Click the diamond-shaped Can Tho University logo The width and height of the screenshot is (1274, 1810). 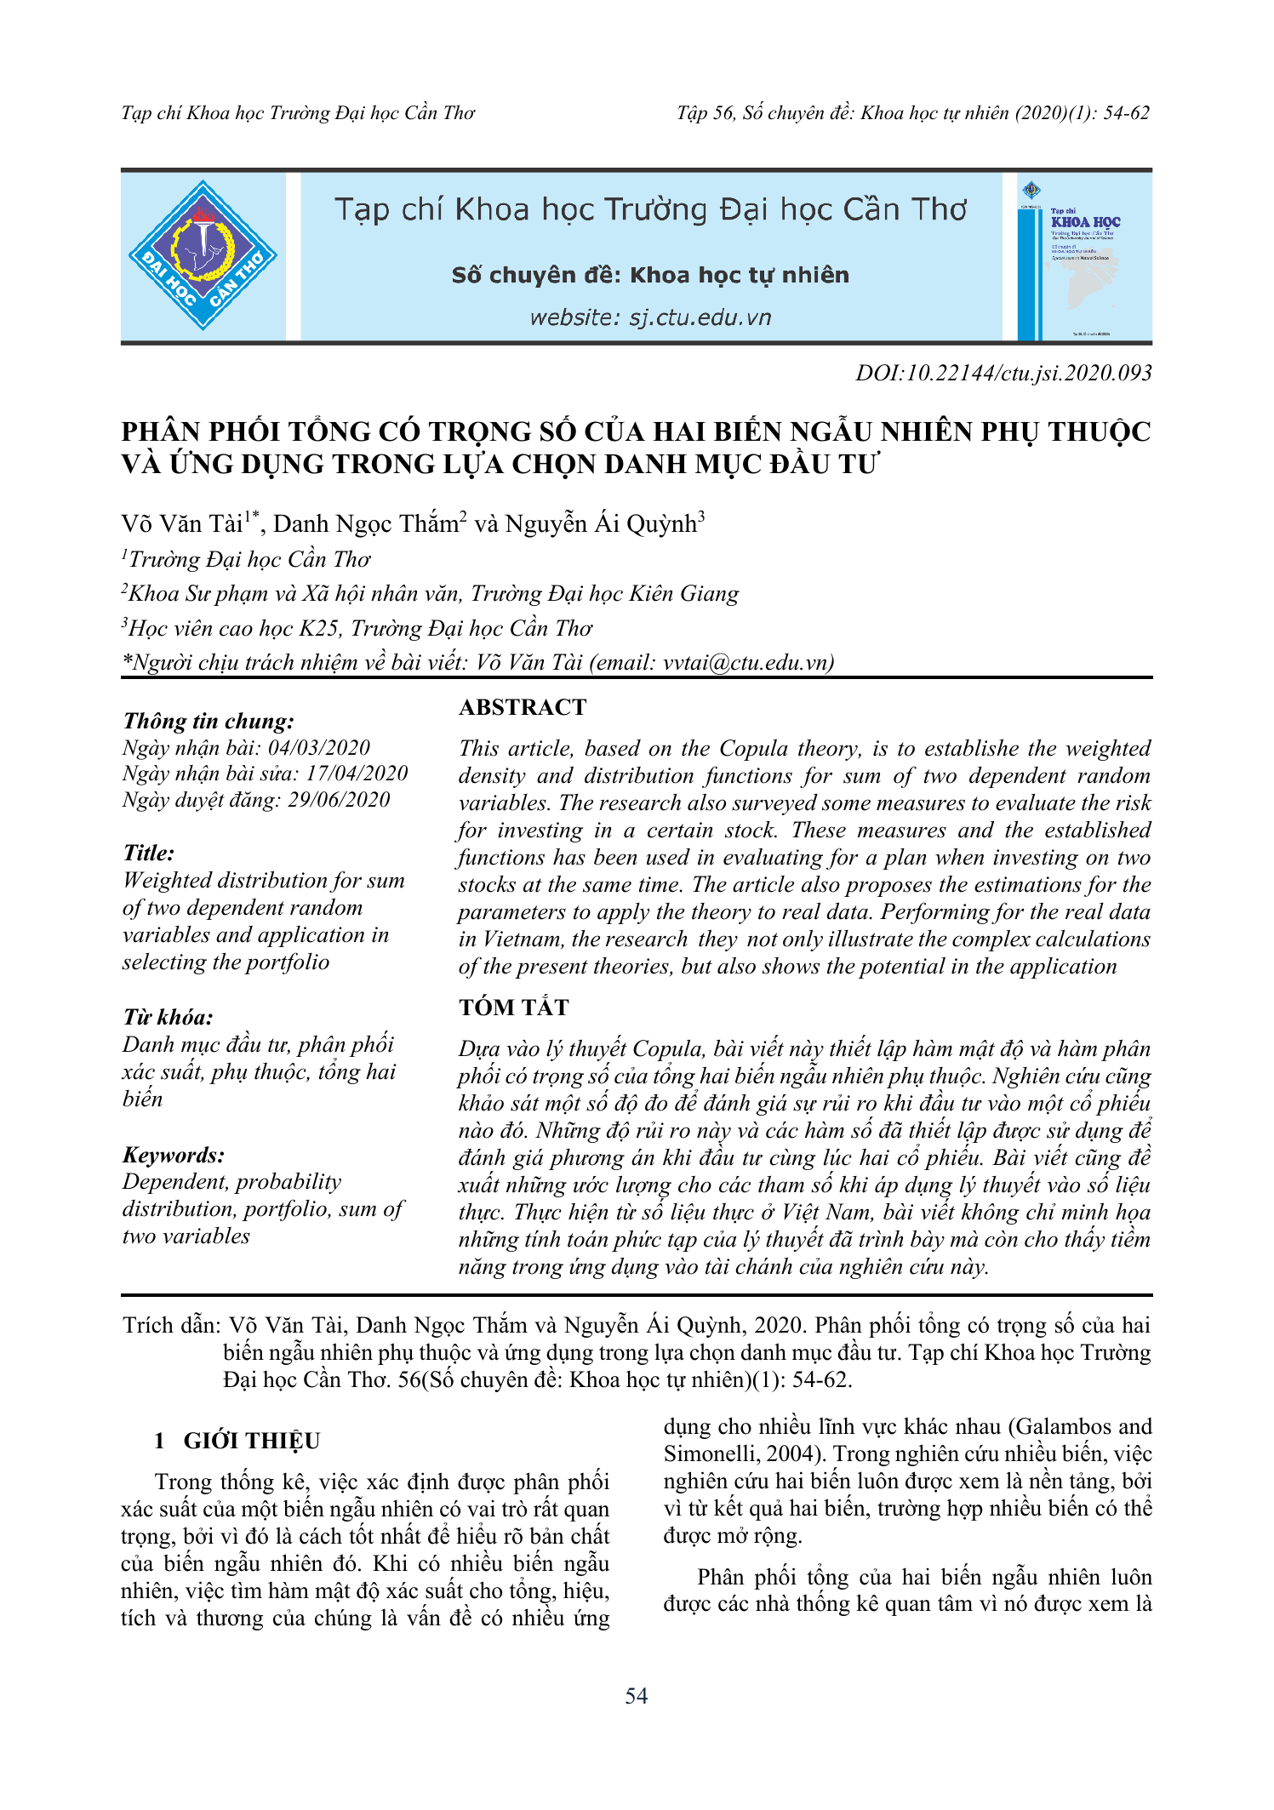coord(203,255)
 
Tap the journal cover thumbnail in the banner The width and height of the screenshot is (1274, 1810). coord(1078,258)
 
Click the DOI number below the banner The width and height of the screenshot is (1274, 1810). coord(1003,373)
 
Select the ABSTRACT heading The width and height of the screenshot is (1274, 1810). coord(523,707)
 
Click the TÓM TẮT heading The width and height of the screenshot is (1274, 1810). coord(514,1008)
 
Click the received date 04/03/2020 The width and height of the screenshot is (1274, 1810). coord(319,747)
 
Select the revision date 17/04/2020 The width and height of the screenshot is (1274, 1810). coord(357,773)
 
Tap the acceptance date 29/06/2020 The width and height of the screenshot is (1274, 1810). coord(339,799)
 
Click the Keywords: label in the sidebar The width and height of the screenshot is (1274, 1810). coord(174,1155)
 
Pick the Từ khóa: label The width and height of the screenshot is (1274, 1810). coord(168,1017)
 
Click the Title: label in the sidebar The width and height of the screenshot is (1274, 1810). coord(149,853)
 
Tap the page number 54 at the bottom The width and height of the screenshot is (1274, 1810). coord(636,1696)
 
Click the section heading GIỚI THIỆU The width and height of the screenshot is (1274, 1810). coord(252,1441)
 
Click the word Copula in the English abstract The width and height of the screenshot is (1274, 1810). coord(753,748)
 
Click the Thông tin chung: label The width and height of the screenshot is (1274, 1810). coord(209,721)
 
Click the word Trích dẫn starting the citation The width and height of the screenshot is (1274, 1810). coord(170,1325)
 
